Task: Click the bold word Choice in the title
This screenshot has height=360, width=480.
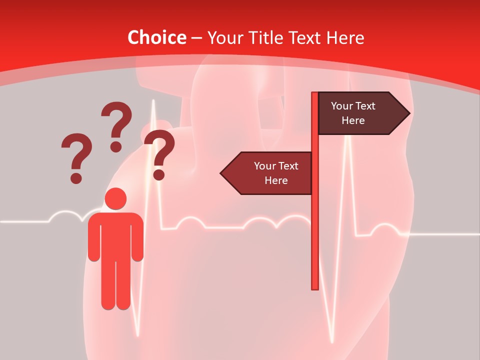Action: [156, 37]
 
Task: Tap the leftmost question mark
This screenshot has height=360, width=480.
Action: [76, 155]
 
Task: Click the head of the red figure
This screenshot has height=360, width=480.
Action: [115, 198]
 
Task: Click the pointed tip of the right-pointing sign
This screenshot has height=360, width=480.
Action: [408, 113]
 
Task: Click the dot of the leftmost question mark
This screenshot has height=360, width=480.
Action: [76, 177]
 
